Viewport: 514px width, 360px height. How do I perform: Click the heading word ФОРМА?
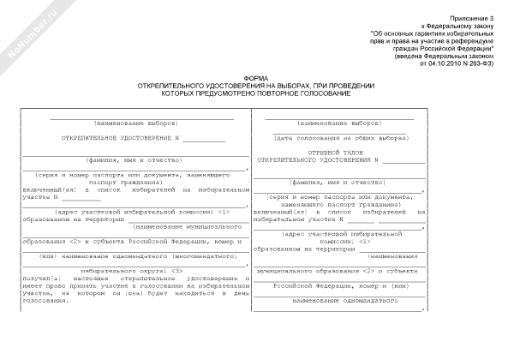pos(255,76)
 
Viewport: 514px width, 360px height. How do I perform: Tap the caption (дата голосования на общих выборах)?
pos(340,136)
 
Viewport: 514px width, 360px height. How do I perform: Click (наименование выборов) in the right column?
pos(340,122)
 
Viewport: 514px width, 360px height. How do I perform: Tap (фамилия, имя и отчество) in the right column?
pos(338,182)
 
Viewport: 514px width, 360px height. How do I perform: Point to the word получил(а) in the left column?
pos(43,279)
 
